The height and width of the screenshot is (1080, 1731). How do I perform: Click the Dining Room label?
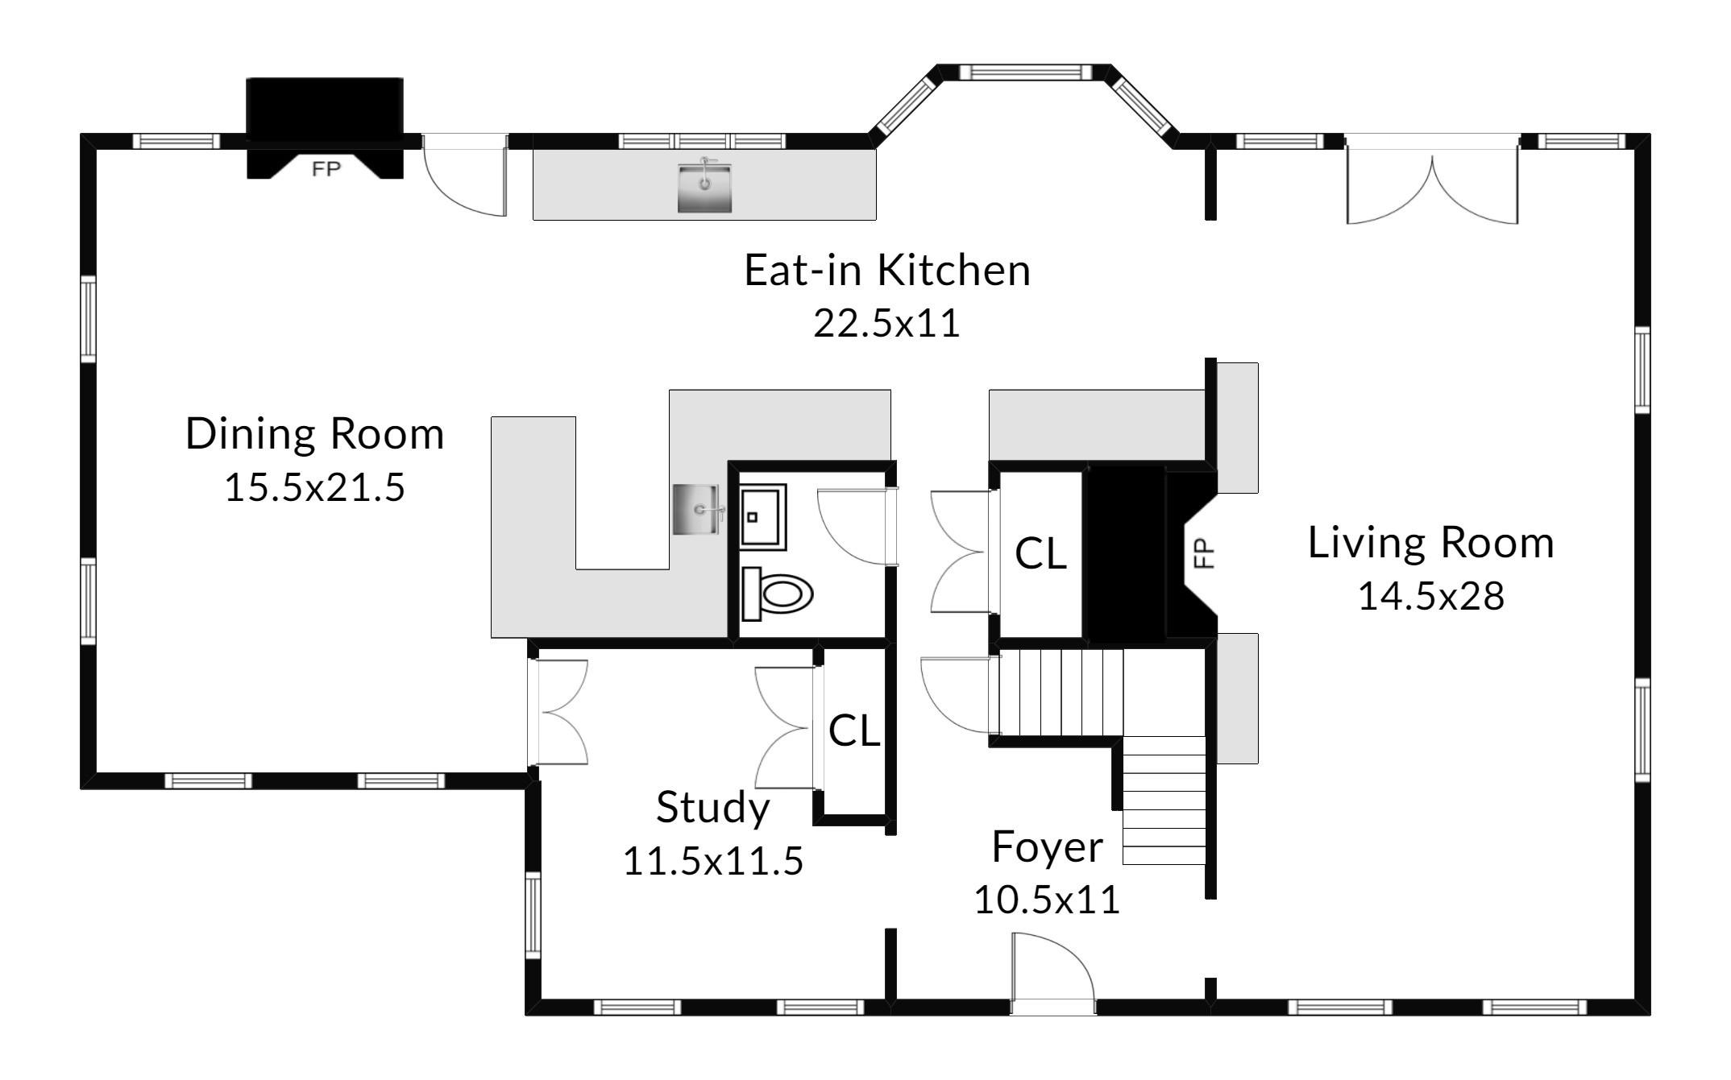coord(315,433)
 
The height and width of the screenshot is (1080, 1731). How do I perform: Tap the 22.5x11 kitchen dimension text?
coord(886,324)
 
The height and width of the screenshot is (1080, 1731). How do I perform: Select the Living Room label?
coord(1431,542)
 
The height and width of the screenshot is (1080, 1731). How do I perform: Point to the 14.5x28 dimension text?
coord(1431,597)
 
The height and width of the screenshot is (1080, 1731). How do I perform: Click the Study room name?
coord(712,808)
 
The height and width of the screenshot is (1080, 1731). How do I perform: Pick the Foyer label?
coord(1047,847)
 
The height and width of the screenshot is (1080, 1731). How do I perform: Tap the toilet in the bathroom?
coord(777,594)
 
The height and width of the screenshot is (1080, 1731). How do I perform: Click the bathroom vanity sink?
coord(762,517)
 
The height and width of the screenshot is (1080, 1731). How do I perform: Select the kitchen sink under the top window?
coord(704,186)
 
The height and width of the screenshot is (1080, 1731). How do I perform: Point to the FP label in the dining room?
coord(326,168)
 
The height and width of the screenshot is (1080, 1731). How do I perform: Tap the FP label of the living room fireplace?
coord(1203,553)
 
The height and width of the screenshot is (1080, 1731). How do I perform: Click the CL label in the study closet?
coord(854,730)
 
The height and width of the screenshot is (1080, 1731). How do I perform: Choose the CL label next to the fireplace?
coord(1040,553)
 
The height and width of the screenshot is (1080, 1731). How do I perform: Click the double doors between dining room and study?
coord(558,712)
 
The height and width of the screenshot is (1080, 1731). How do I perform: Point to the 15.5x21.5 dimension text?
coord(315,487)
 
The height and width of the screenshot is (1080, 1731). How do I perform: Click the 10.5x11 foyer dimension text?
coord(1047,900)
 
